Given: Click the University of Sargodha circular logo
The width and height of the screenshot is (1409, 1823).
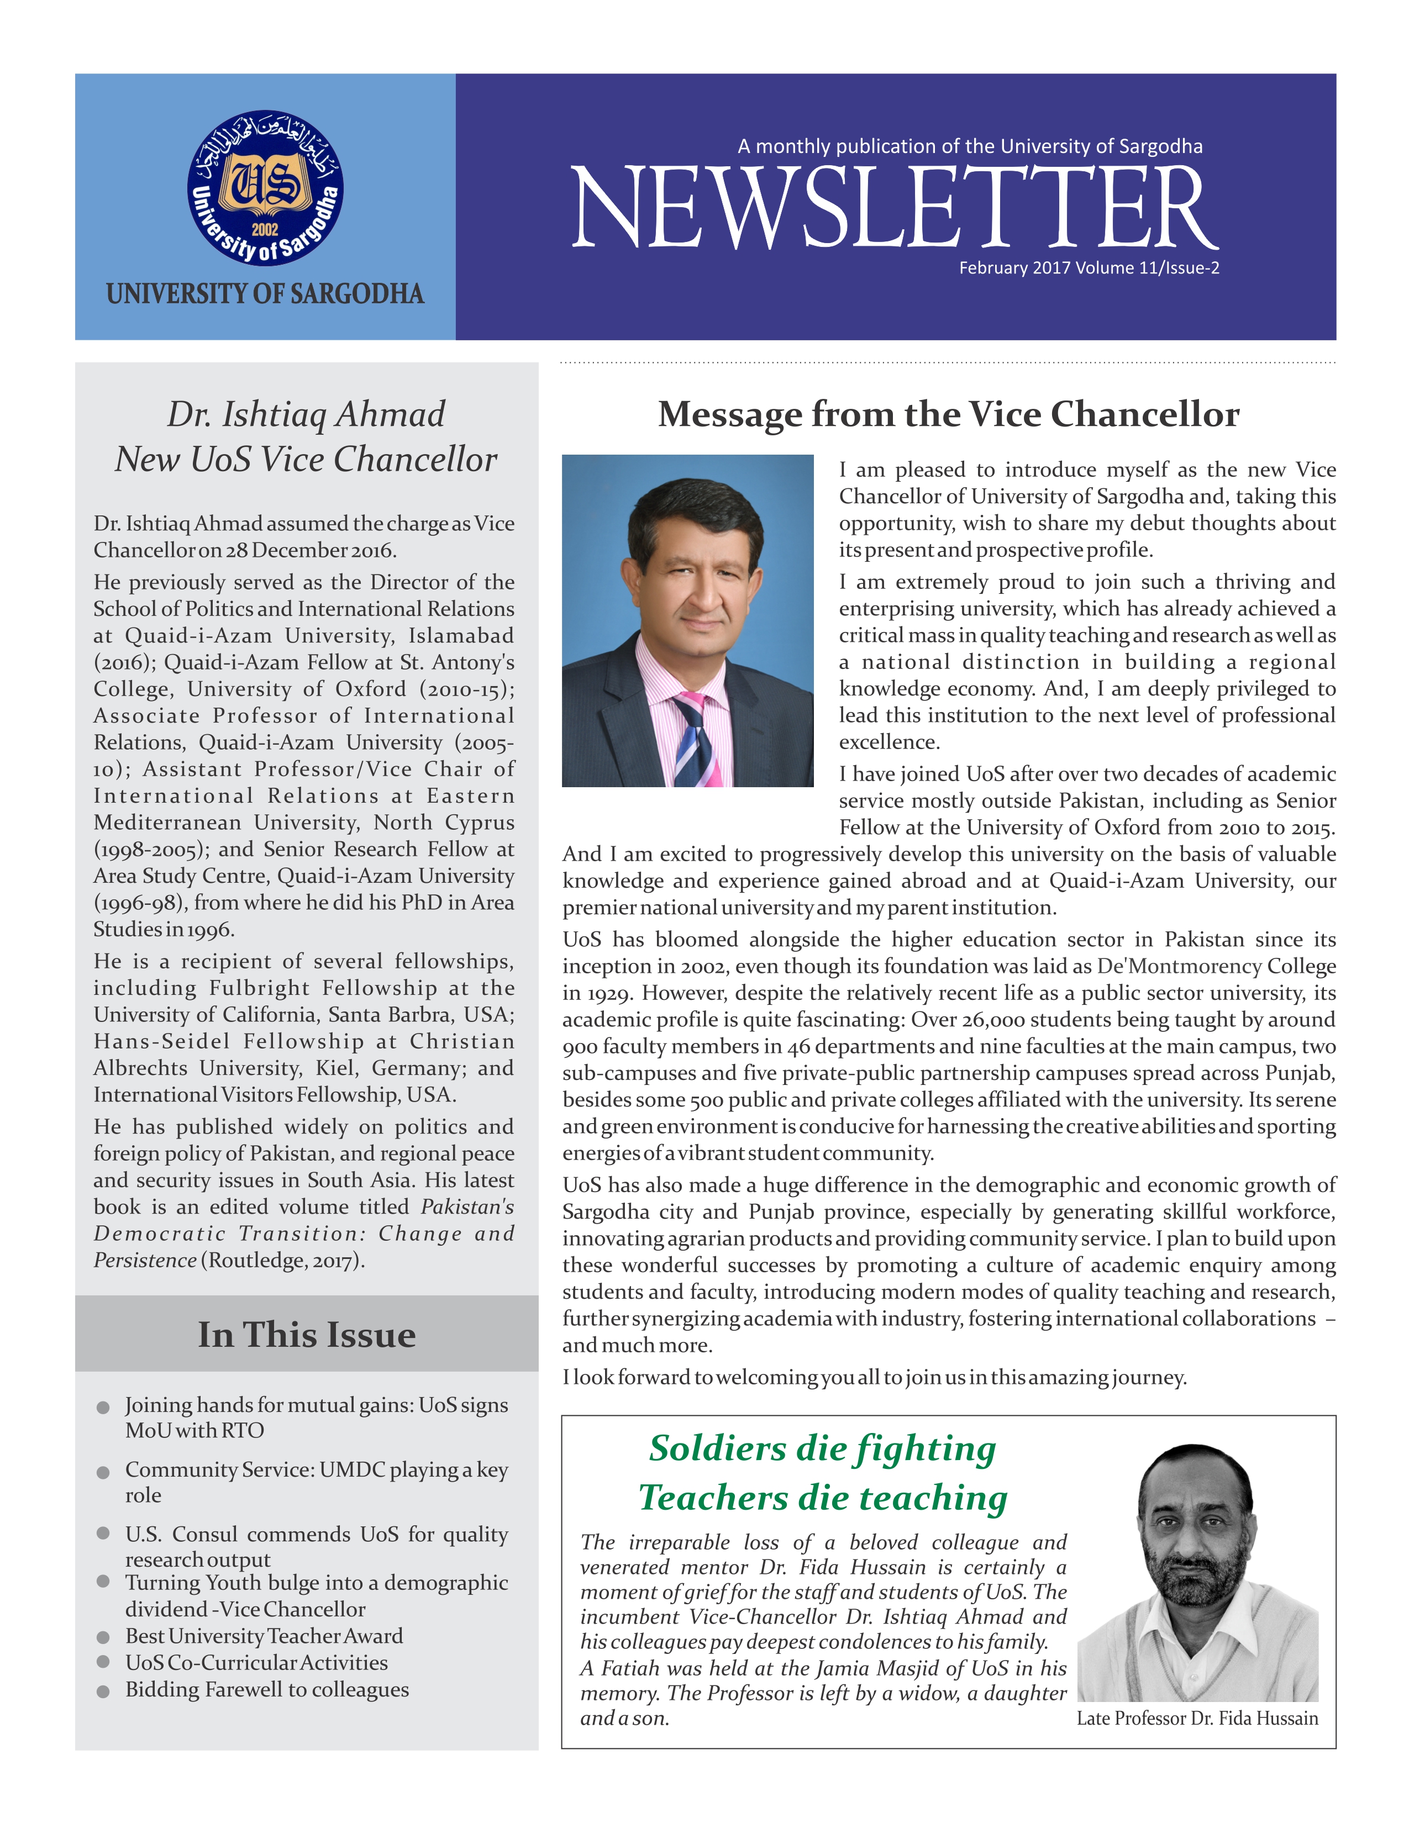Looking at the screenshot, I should [x=265, y=188].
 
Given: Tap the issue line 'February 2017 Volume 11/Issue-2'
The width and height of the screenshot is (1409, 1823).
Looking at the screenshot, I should [x=1089, y=268].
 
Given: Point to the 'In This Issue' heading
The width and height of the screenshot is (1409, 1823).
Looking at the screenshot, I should [x=306, y=1335].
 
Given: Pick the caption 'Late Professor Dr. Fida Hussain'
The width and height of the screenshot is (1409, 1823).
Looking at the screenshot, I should [x=1197, y=1718].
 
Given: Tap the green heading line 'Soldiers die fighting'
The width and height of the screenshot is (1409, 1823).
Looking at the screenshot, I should [x=822, y=1448].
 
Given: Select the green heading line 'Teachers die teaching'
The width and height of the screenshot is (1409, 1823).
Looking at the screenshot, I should [x=823, y=1498].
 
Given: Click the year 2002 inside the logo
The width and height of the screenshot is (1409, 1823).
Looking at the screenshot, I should [x=265, y=230].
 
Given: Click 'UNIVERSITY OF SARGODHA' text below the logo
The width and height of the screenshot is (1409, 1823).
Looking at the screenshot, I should [x=265, y=294].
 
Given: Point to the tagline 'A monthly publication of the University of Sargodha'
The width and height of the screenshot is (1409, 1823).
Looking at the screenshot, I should [x=970, y=147].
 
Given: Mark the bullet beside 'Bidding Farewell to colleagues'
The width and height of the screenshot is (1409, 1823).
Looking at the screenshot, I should [x=103, y=1691].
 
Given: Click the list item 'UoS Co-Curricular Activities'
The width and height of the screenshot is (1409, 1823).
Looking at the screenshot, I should [x=256, y=1663].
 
